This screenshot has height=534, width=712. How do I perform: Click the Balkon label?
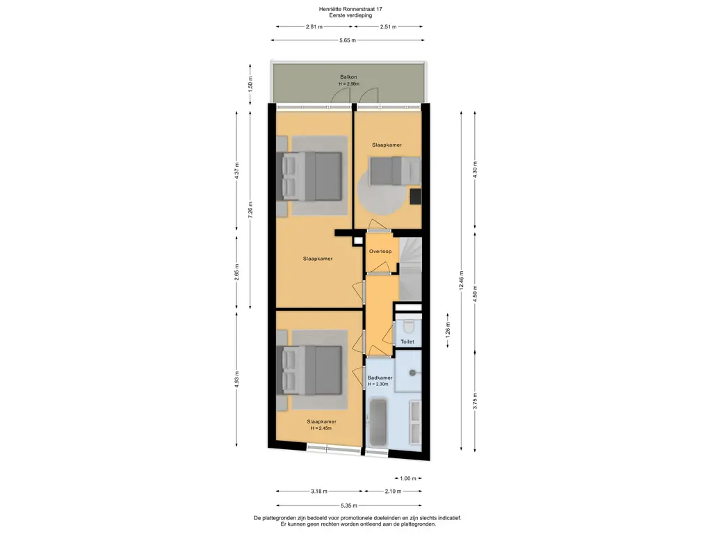[x=348, y=76]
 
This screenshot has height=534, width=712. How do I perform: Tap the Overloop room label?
[x=380, y=251]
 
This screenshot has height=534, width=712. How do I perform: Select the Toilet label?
[x=407, y=341]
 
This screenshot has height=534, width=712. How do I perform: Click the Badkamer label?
[x=379, y=378]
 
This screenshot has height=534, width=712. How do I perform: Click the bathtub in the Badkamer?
[x=379, y=423]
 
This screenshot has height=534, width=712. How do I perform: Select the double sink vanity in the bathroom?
[x=414, y=421]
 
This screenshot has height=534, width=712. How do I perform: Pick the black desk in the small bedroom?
[x=415, y=196]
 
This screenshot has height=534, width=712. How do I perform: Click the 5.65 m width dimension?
[x=348, y=40]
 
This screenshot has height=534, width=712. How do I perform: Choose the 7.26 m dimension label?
[x=250, y=209]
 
